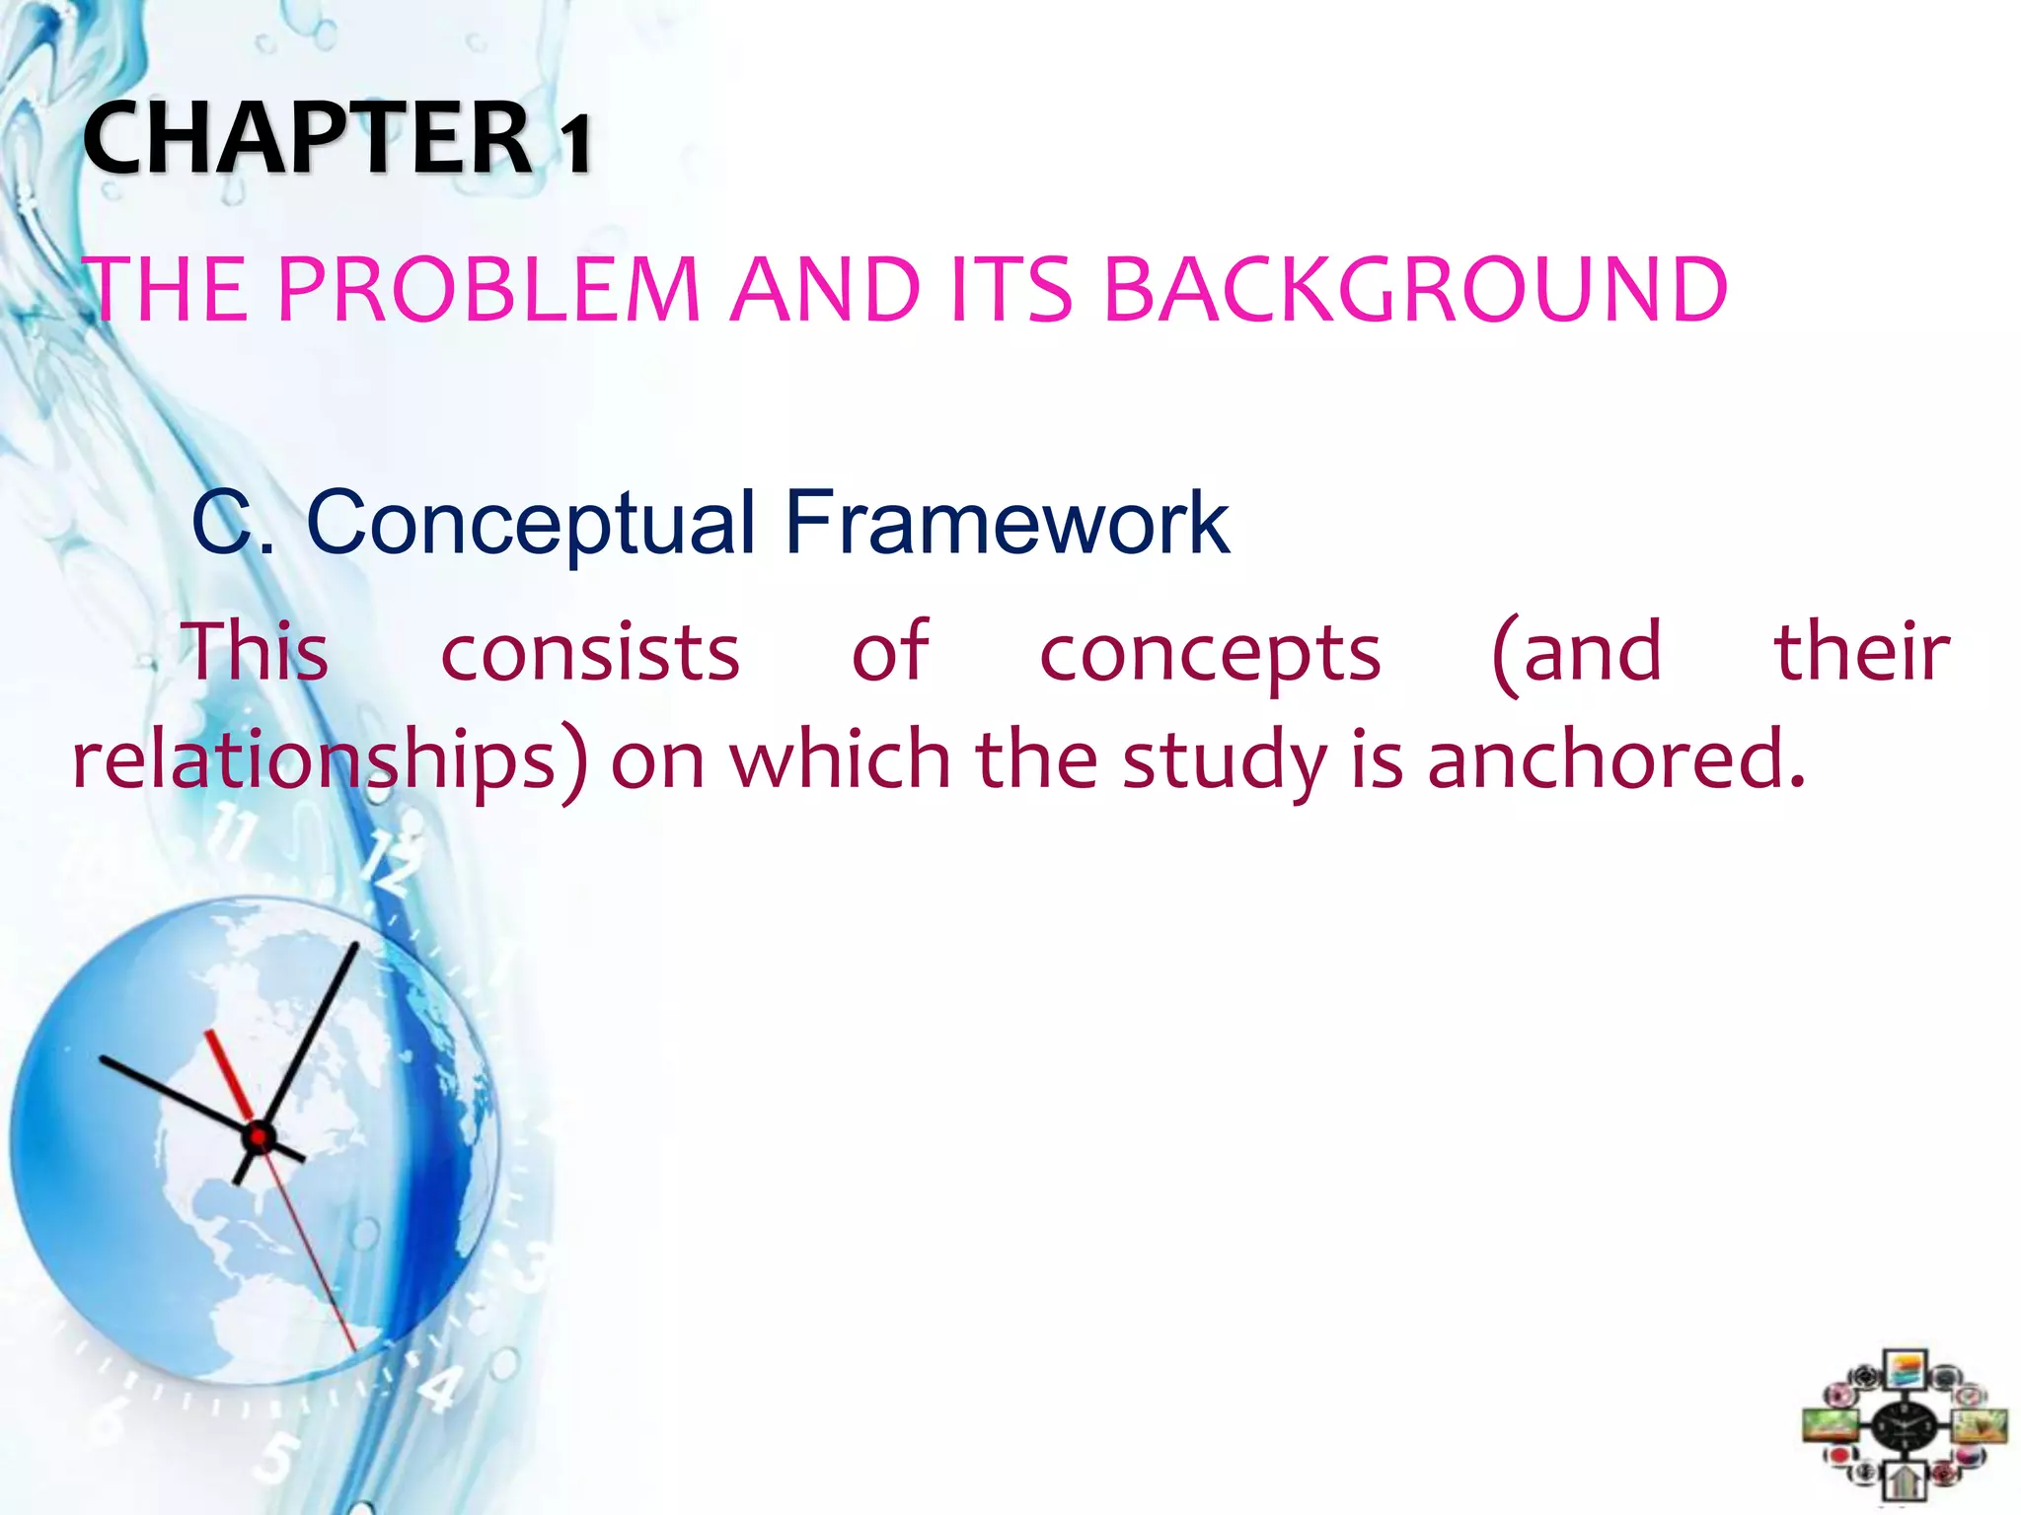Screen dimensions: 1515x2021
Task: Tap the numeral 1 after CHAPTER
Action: [x=577, y=143]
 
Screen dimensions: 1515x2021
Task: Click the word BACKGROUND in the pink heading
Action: [x=1414, y=290]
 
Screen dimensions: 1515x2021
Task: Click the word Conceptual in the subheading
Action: [x=531, y=524]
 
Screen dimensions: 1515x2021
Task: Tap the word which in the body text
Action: [x=840, y=759]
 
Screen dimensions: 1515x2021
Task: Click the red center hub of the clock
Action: [x=259, y=1138]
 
